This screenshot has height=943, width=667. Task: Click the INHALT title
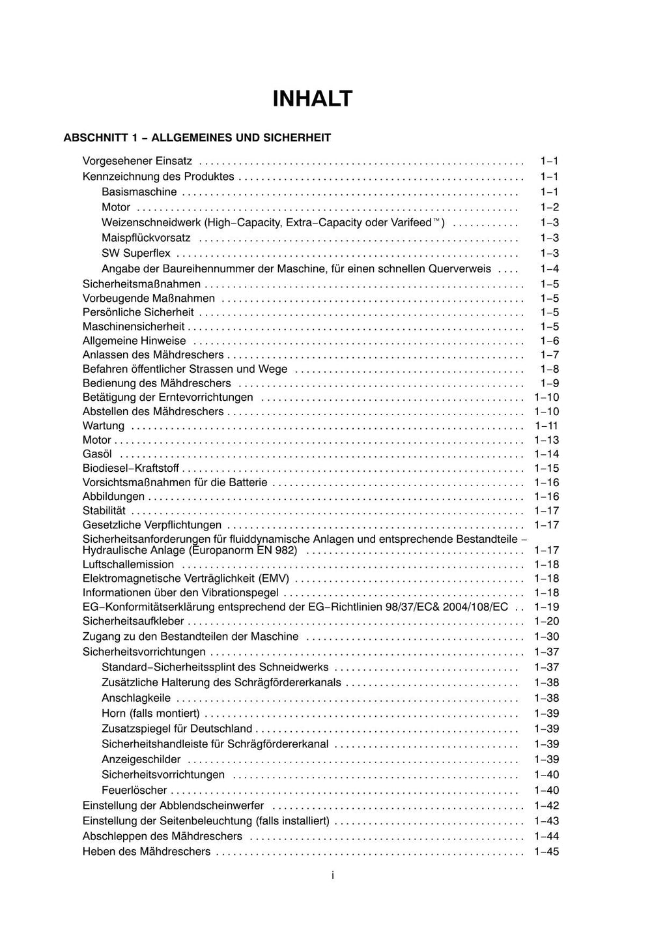point(312,99)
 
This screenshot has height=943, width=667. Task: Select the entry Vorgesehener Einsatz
point(137,161)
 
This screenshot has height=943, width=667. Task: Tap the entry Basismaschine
point(139,192)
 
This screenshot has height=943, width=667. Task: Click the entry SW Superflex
point(136,254)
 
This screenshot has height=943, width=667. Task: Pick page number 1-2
point(549,208)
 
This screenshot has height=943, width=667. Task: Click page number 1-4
point(549,269)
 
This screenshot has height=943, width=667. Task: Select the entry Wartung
point(104,426)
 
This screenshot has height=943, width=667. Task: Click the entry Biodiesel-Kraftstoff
point(131,469)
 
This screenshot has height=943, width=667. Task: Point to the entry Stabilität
point(104,511)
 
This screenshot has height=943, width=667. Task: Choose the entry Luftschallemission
point(128,565)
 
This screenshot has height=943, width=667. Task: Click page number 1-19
point(546,607)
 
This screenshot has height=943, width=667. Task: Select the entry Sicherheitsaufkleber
point(134,622)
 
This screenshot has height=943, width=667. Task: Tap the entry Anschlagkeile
point(136,699)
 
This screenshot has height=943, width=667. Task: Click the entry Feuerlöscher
point(134,791)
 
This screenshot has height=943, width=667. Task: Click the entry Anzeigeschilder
point(141,760)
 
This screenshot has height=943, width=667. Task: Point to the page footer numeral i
point(333,876)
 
